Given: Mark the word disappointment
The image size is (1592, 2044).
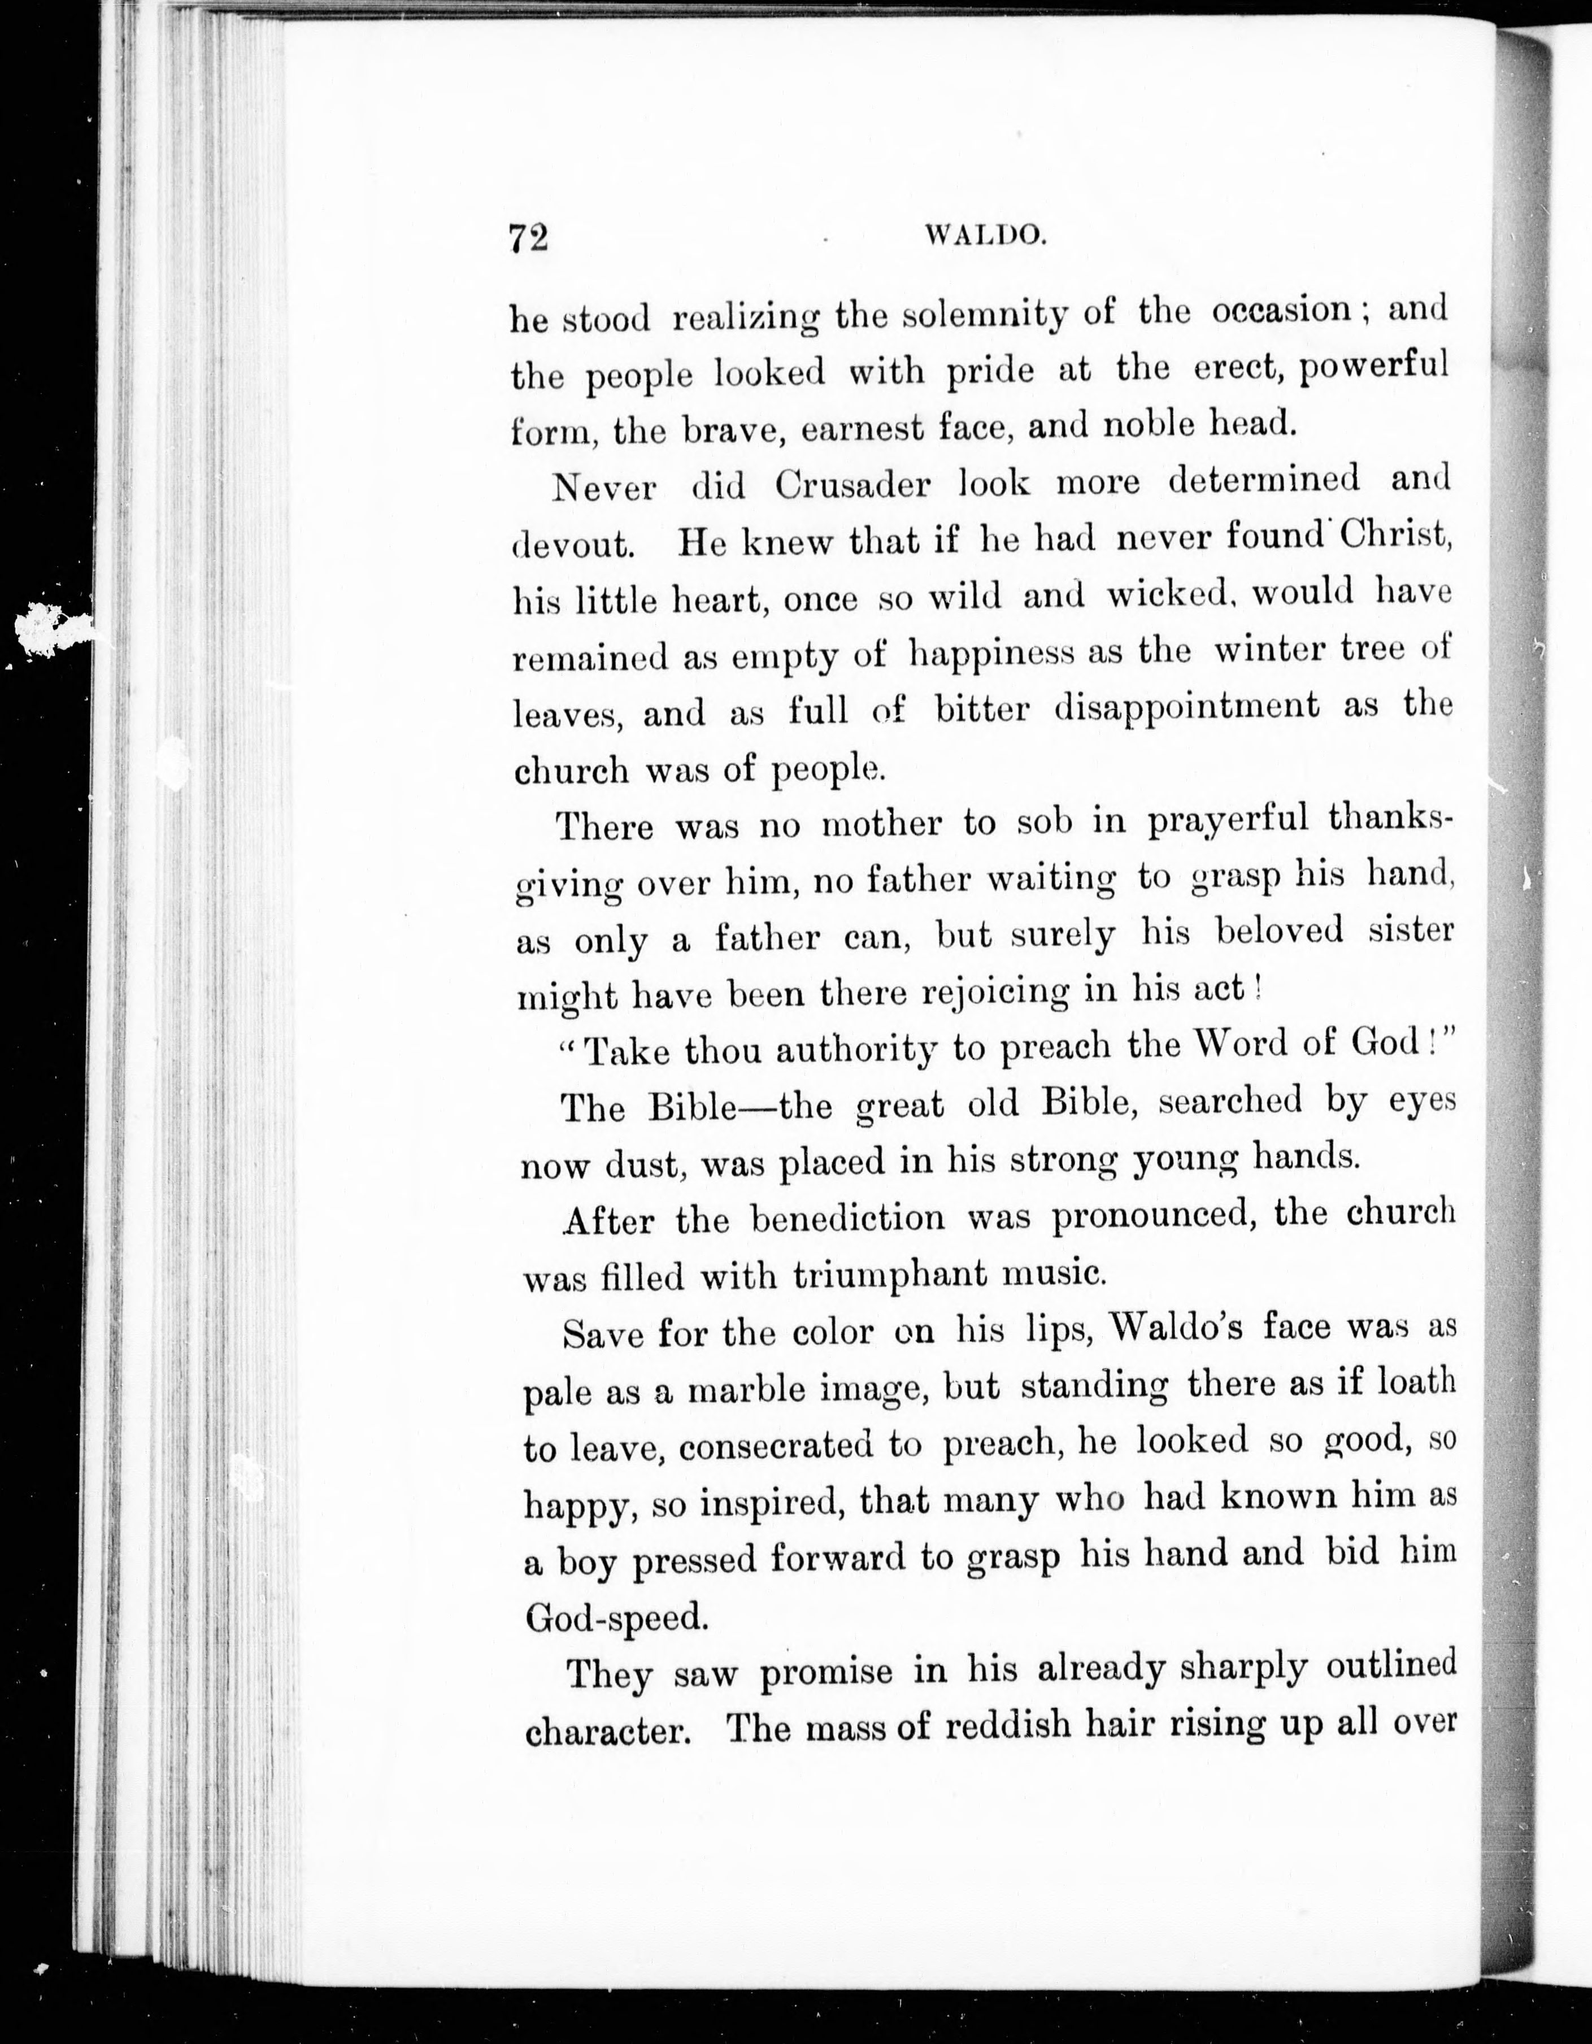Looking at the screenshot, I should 1186,707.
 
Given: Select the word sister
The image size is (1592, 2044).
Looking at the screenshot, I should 1411,931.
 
